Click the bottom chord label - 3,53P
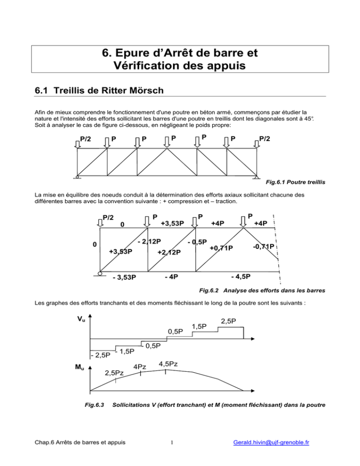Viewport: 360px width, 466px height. (x=124, y=277)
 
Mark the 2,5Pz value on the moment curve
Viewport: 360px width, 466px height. (x=114, y=373)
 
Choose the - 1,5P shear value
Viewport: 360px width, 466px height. (x=124, y=351)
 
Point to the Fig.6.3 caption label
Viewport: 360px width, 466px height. (x=89, y=404)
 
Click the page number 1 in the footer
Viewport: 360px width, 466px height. (x=172, y=454)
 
